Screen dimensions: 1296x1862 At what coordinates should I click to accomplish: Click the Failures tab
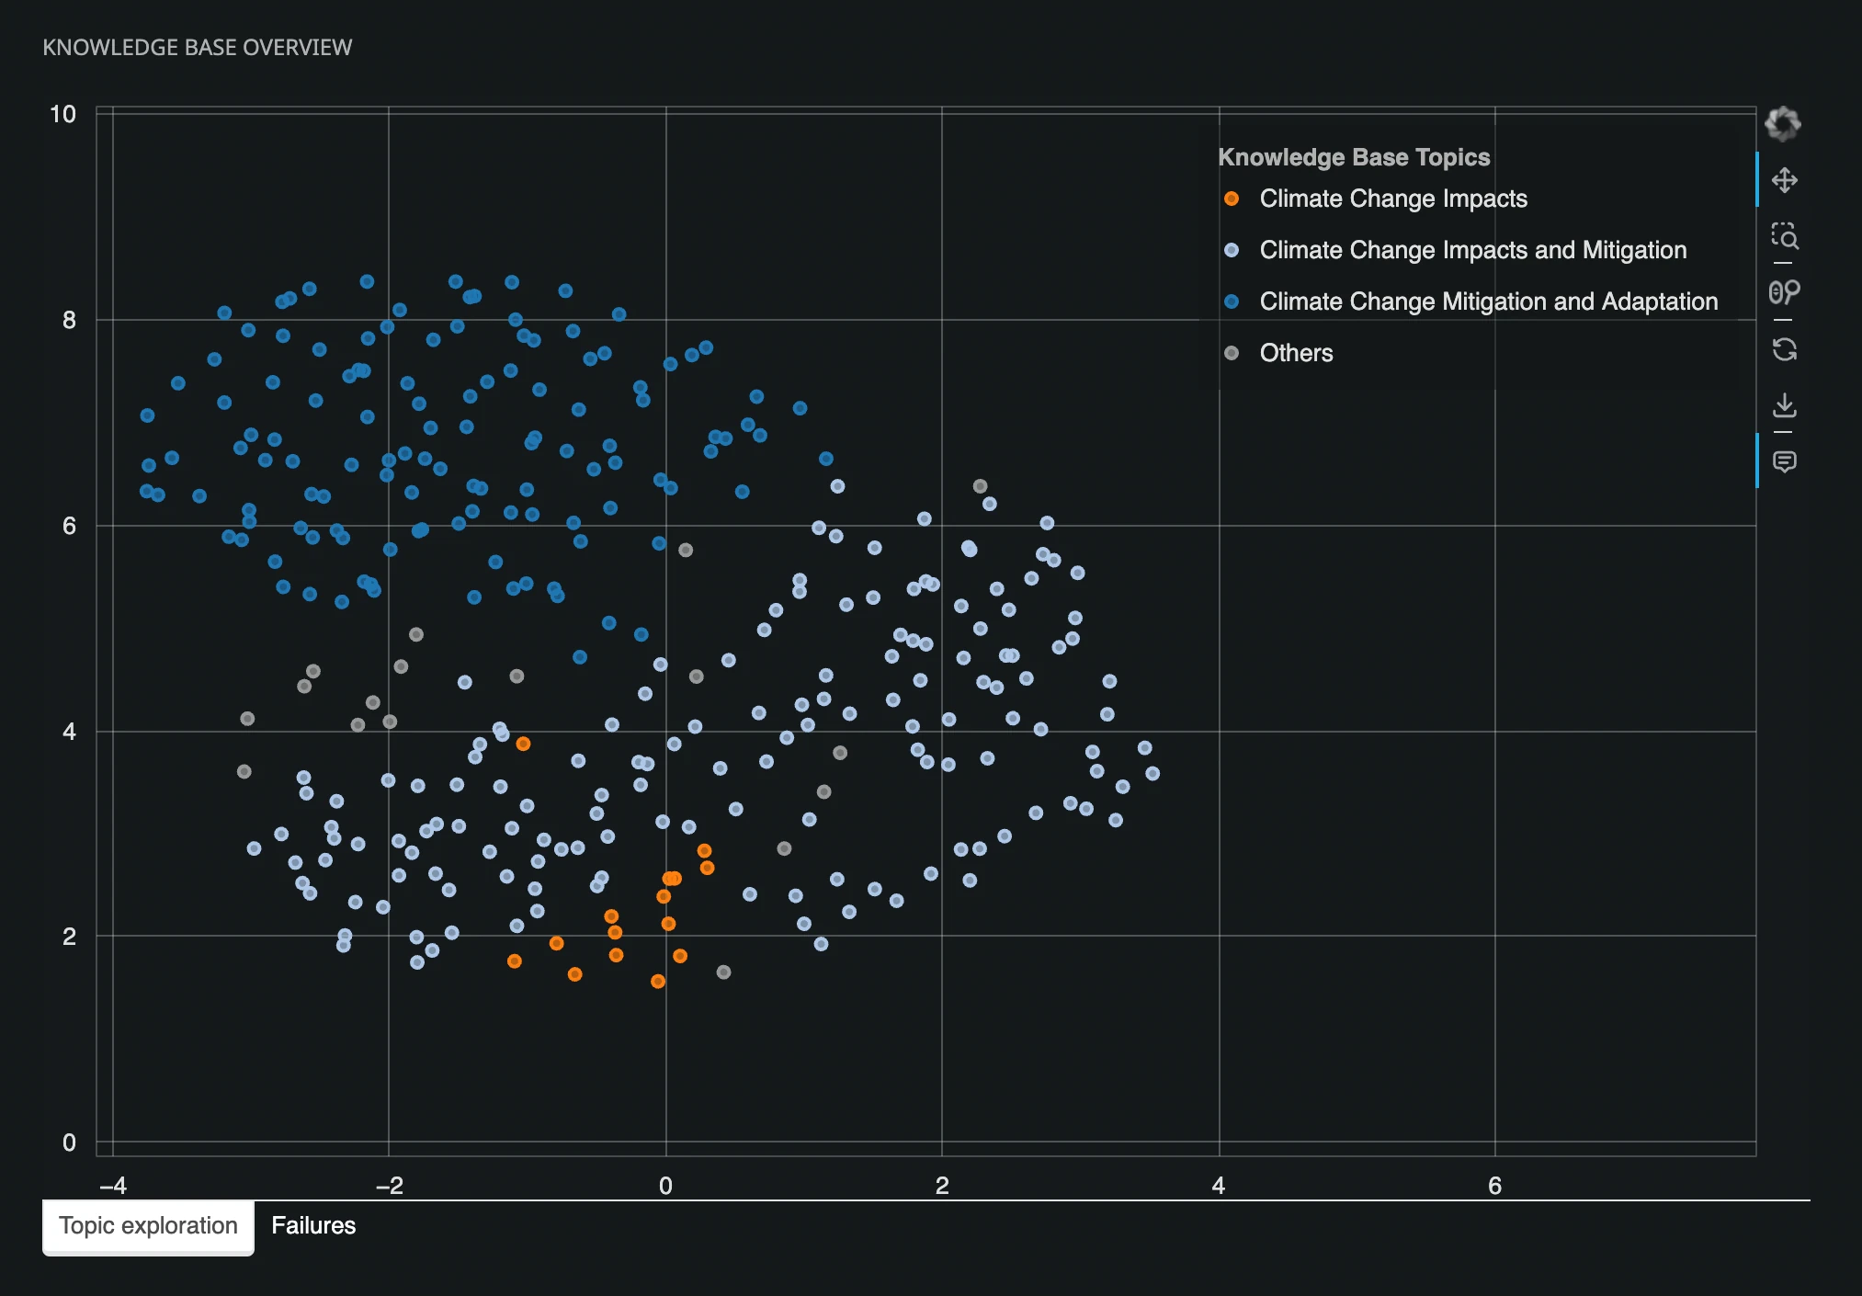point(312,1225)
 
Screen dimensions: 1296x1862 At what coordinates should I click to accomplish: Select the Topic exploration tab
point(148,1225)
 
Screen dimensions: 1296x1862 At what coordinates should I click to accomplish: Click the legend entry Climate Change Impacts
point(1392,199)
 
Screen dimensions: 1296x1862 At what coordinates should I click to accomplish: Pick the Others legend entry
point(1295,353)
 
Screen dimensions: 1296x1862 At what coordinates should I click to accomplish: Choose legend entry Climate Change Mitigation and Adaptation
point(1488,301)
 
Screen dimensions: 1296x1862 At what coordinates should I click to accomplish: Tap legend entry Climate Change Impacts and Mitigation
point(1472,250)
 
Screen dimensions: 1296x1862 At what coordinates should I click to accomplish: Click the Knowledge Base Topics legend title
point(1354,157)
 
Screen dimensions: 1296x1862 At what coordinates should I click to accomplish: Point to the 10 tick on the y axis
point(62,114)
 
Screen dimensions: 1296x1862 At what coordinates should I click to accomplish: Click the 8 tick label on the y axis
point(69,320)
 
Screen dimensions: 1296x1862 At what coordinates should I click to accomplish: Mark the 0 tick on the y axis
point(69,1143)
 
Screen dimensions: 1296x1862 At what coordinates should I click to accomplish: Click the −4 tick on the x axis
point(112,1186)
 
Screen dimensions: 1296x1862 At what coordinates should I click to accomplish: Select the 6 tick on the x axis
point(1494,1186)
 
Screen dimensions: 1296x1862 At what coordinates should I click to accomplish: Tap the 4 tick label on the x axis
point(1218,1186)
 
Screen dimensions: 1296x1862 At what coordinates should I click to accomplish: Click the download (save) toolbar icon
point(1784,405)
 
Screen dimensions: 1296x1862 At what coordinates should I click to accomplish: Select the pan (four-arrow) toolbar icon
point(1784,180)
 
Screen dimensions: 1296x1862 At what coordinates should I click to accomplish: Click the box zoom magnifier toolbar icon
point(1784,236)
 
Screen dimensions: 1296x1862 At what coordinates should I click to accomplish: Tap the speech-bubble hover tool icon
point(1784,461)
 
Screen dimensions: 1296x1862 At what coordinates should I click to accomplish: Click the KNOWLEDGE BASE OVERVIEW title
point(198,48)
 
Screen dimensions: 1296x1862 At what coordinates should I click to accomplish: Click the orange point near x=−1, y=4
point(523,744)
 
